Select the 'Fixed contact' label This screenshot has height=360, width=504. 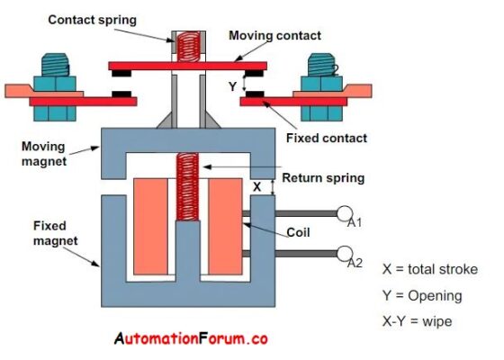325,138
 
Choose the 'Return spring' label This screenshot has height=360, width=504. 323,177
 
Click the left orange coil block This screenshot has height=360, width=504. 148,220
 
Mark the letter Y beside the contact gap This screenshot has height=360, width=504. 233,86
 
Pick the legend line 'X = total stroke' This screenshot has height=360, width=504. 429,269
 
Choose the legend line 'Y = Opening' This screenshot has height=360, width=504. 421,294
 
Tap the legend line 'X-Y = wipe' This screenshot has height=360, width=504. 419,319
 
